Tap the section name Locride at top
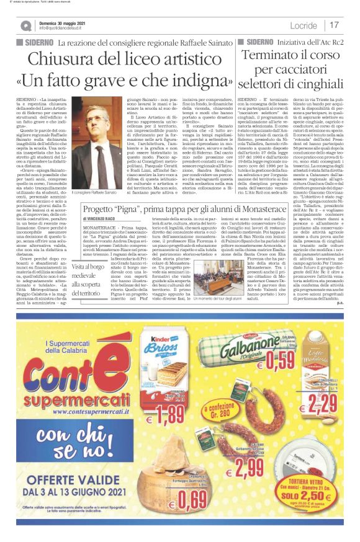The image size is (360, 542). (x=302, y=25)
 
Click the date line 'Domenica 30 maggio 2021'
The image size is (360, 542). (x=63, y=22)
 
